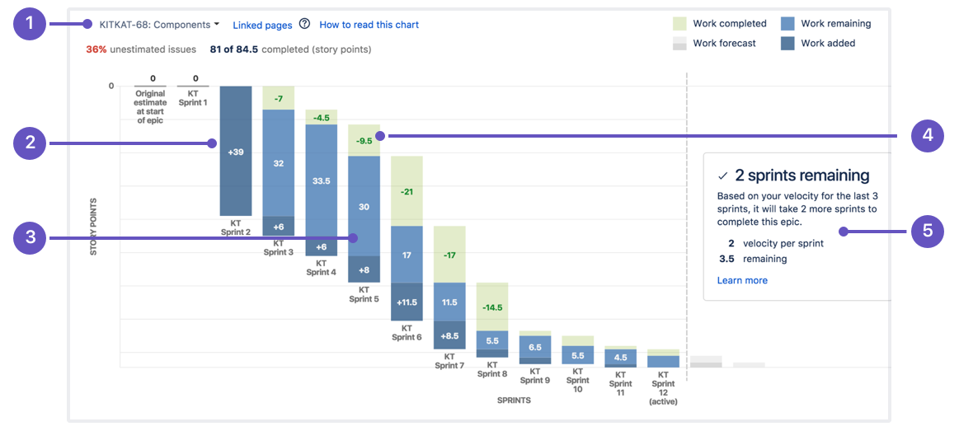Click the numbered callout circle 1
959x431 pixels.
31,25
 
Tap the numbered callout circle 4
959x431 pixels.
928,135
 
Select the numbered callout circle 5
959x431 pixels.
928,232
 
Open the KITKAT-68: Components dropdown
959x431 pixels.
159,25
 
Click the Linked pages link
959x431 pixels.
262,25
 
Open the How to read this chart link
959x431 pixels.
369,25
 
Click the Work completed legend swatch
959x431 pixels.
679,24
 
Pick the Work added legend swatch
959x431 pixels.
787,44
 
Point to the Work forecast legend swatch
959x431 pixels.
679,44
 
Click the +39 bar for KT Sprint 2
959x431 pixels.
236,152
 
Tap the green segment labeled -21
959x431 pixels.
407,191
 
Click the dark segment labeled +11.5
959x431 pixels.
407,302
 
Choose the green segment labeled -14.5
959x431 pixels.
492,307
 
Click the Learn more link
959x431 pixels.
742,280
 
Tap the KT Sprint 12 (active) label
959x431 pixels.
663,388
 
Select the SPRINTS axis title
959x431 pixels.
514,401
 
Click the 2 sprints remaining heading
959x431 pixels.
801,176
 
